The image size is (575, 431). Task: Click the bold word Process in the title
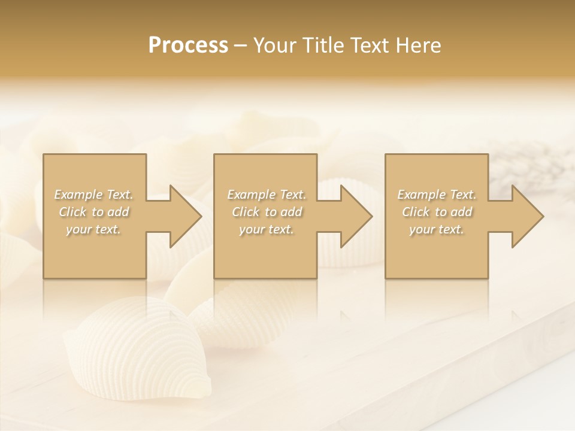coord(188,45)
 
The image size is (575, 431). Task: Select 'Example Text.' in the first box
coord(93,195)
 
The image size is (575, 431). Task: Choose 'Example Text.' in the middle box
coord(267,195)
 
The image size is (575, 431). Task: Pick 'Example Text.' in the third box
coord(437,195)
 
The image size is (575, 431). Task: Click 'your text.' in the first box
coord(93,229)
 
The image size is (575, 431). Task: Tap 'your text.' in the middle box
coord(267,229)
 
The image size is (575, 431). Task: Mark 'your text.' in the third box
coord(437,229)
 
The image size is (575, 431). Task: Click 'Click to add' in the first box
coord(93,212)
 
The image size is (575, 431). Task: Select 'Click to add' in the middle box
coord(267,212)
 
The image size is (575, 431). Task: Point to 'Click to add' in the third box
coord(437,212)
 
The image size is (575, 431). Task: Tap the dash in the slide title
coord(241,45)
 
